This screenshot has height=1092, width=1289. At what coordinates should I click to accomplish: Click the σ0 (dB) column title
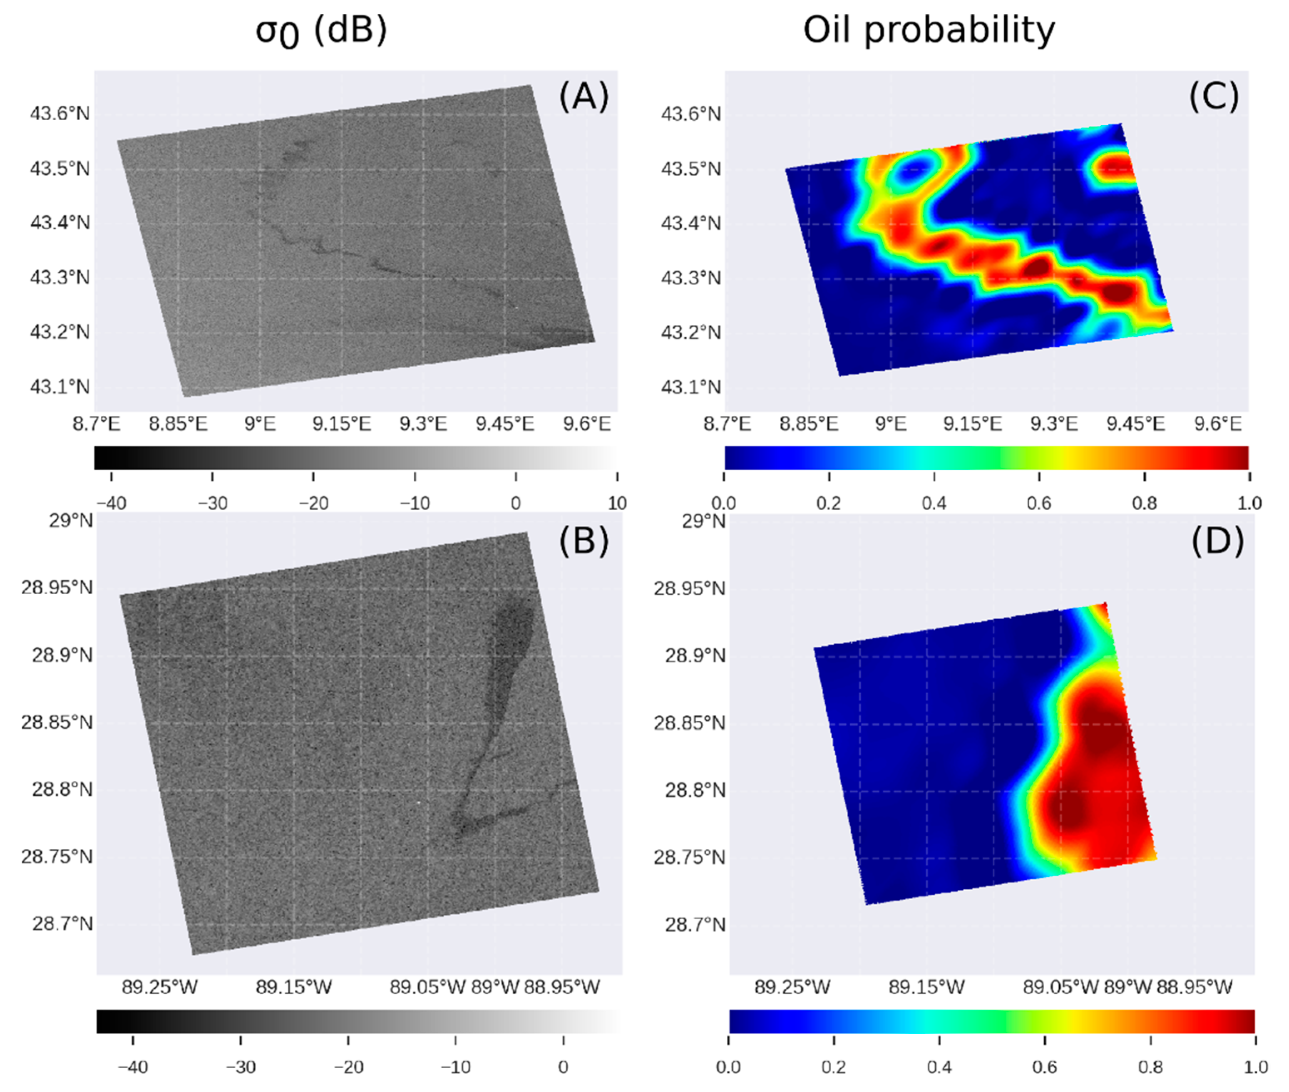pos(321,30)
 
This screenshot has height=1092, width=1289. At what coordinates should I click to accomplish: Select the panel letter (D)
pos(1217,541)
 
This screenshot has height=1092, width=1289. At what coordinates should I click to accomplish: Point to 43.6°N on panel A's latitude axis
pos(60,114)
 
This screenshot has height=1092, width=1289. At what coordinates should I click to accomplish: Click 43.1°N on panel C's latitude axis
pos(691,387)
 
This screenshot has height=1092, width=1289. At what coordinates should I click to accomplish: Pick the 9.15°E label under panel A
pos(342,424)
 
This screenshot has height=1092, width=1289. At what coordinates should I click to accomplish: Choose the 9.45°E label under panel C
pos(1135,424)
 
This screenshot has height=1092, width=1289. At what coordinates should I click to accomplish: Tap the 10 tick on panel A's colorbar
pos(617,503)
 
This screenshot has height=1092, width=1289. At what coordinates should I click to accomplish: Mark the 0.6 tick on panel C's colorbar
pos(1039,503)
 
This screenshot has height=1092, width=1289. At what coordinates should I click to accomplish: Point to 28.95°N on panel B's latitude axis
pos(57,587)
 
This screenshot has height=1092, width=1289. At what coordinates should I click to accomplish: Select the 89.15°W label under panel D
pos(926,987)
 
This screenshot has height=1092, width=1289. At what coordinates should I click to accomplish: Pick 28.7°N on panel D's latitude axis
pos(695,924)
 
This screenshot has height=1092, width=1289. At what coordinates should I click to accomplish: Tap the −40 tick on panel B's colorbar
pos(133,1067)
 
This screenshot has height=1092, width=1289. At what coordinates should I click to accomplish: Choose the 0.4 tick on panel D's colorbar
pos(939,1067)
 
